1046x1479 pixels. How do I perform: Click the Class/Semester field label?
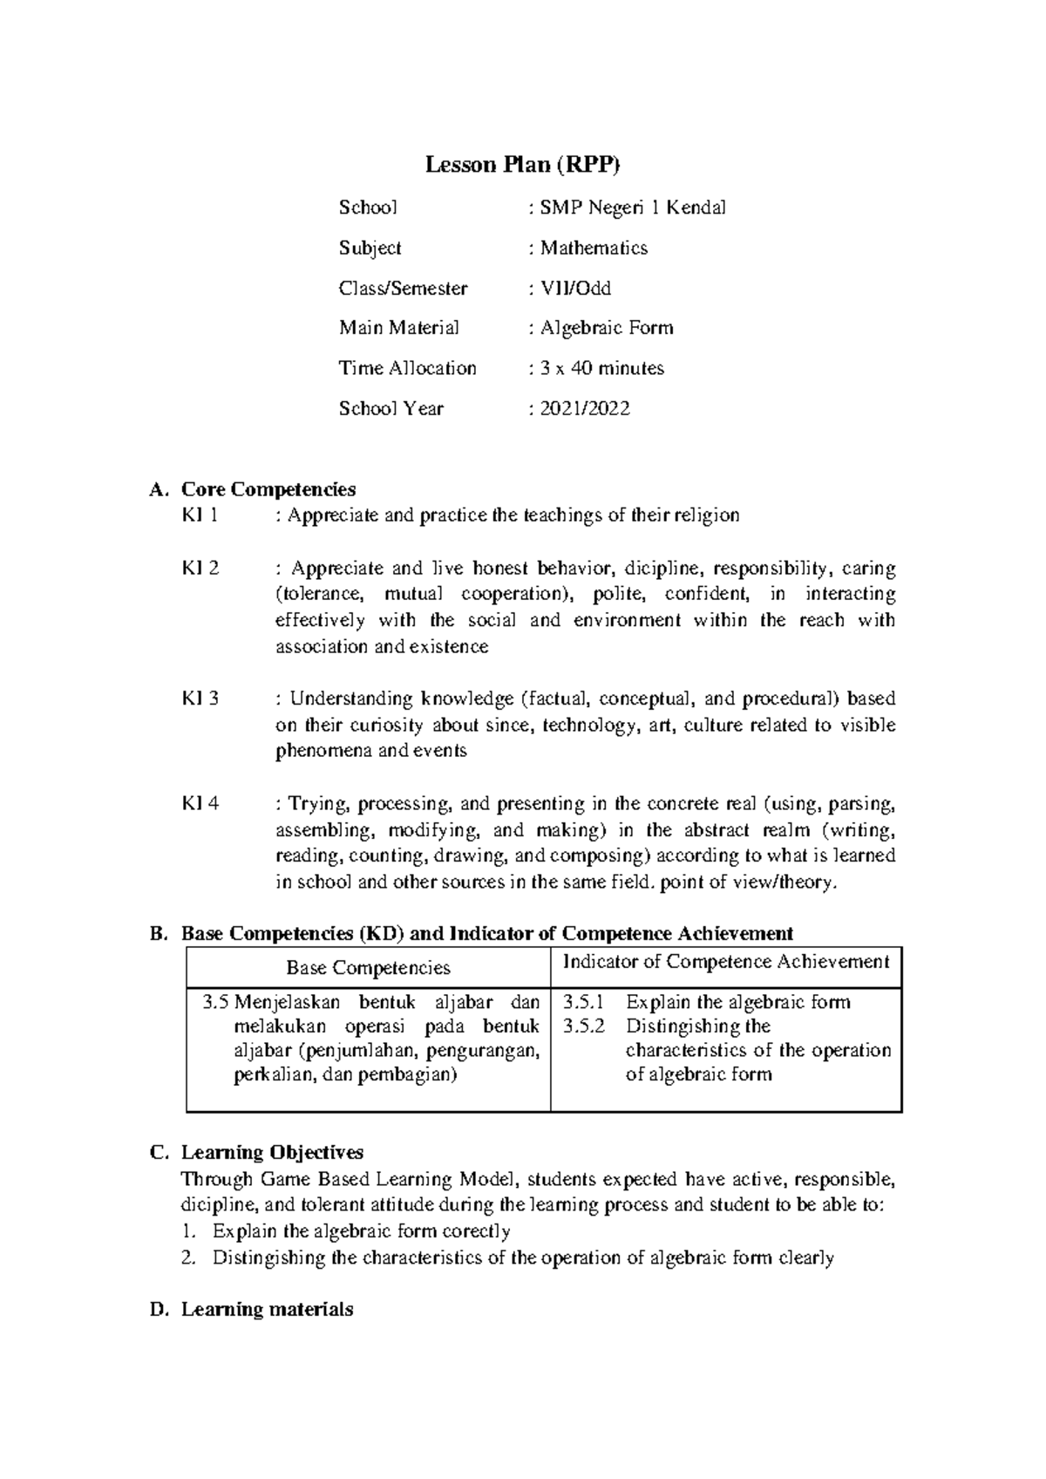pos(403,288)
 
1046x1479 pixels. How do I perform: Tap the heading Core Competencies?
pos(268,489)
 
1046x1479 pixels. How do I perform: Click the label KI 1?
pos(200,515)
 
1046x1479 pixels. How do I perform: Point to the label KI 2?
pos(200,569)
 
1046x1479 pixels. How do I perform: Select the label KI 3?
pos(200,699)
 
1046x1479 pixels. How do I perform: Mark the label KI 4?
pos(200,803)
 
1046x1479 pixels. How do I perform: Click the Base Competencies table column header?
pos(368,968)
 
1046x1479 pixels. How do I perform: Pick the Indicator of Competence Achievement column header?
pos(726,962)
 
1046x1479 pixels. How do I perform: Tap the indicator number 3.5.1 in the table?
pos(583,1002)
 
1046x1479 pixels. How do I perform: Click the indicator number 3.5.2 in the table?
pos(583,1026)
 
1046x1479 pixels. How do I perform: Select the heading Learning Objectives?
pos(272,1153)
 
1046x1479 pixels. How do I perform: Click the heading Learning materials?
pos(267,1309)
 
